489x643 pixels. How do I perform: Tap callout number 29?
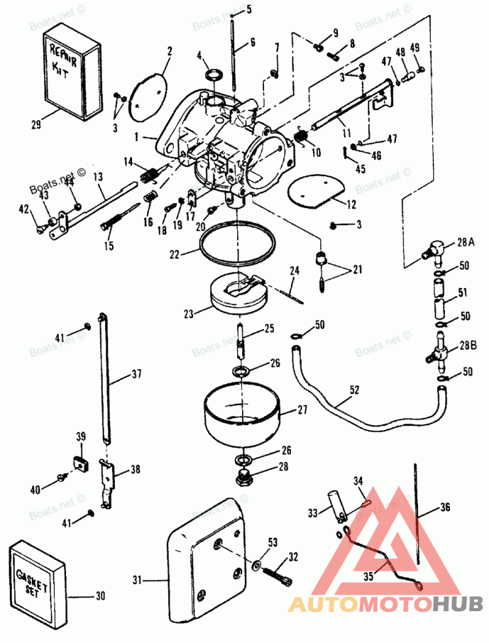35,125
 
